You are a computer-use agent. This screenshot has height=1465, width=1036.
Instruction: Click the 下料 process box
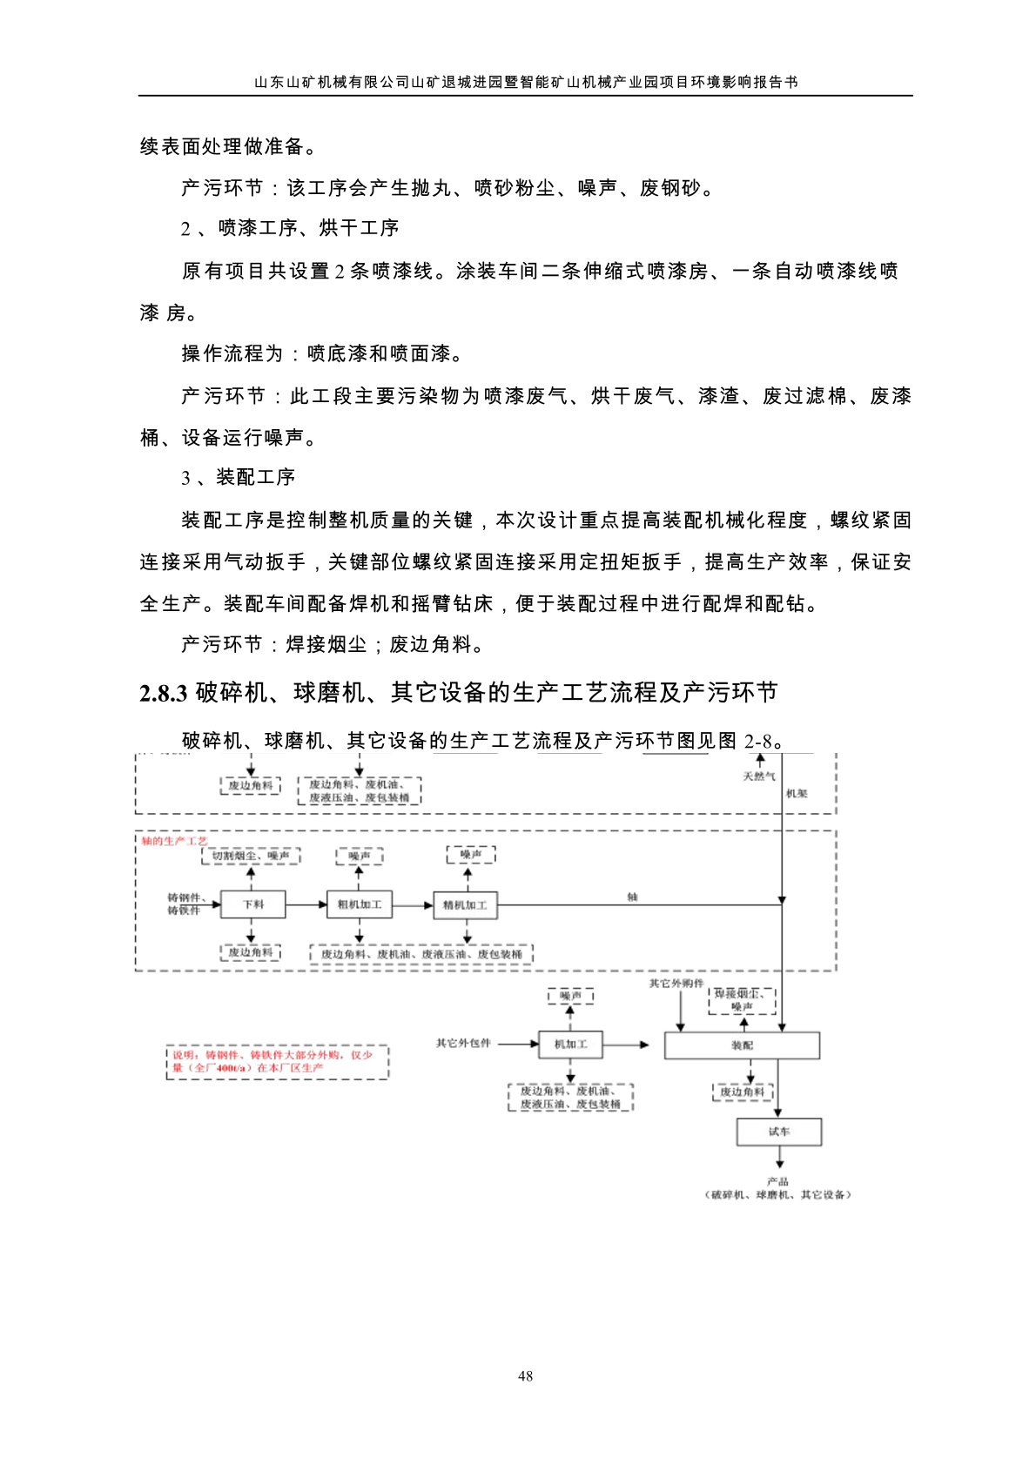tap(252, 904)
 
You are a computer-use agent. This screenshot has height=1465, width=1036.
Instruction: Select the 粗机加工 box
tap(359, 904)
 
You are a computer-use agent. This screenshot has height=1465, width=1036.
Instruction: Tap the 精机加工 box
tap(465, 905)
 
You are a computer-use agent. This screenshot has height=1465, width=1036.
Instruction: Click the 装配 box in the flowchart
tap(742, 1045)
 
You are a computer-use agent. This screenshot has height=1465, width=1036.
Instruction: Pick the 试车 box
tap(779, 1132)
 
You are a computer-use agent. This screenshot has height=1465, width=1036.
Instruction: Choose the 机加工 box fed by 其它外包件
tap(570, 1044)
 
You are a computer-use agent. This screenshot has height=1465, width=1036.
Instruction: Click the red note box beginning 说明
tap(277, 1062)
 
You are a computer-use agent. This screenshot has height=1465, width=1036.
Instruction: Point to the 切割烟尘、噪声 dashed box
tap(251, 857)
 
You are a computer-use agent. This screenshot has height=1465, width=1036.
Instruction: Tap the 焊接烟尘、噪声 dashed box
tap(742, 1000)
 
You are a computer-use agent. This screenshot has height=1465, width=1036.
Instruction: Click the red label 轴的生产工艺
tap(175, 841)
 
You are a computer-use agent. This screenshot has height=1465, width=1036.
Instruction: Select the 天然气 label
tap(758, 776)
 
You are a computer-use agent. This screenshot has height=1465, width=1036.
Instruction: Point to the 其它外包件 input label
tap(463, 1043)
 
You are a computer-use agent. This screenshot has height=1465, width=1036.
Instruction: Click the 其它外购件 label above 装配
tap(676, 984)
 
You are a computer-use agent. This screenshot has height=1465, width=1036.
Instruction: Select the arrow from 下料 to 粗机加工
tap(306, 905)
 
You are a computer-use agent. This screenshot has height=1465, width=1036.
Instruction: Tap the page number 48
tap(525, 1376)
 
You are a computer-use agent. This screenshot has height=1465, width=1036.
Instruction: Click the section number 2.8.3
tap(164, 693)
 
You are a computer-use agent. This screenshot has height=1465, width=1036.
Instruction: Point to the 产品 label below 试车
tap(778, 1181)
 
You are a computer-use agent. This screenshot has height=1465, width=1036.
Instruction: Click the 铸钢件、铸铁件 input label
tap(184, 904)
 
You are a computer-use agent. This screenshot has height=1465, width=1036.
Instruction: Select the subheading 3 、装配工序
tap(238, 478)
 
